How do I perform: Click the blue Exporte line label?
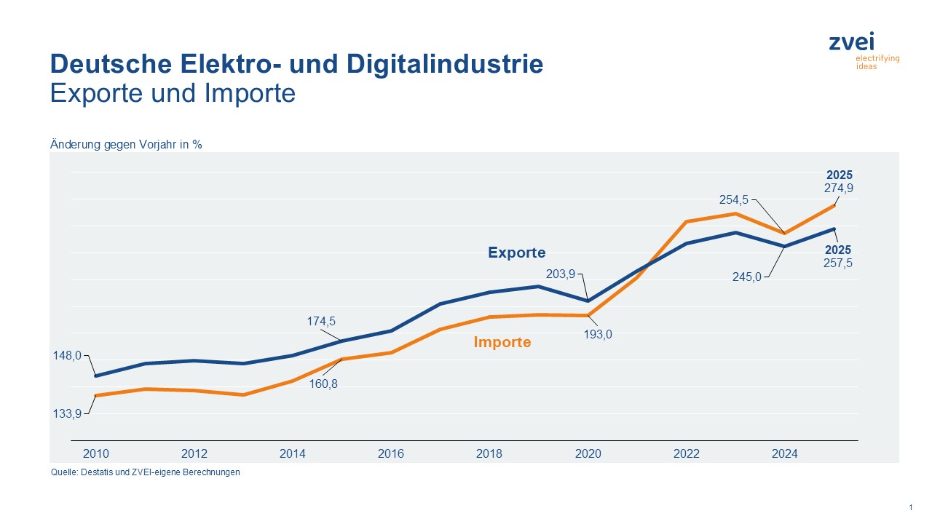point(516,253)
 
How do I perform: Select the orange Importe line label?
point(502,342)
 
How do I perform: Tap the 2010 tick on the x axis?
point(95,453)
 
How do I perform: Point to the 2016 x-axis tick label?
point(391,453)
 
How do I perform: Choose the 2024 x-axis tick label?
point(785,453)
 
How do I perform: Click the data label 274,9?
point(839,188)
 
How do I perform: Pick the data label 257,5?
point(837,263)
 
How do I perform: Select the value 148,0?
point(68,356)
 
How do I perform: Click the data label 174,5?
point(320,321)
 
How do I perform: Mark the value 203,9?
point(560,274)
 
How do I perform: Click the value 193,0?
point(598,335)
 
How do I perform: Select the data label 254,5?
point(732,199)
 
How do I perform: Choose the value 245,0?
point(746,277)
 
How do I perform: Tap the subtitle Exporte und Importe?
point(173,94)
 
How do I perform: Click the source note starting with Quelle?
point(145,472)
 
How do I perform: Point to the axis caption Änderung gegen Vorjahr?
point(126,144)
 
